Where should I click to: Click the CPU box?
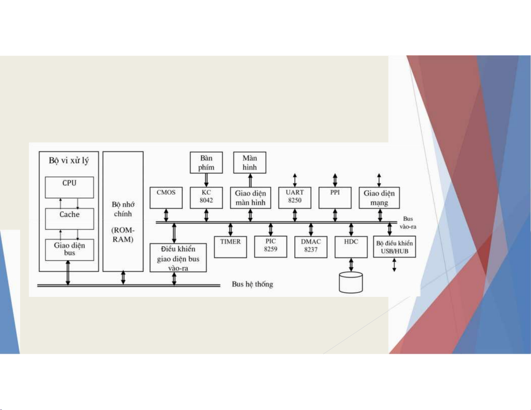coord(69,187)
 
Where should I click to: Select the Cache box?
coord(69,219)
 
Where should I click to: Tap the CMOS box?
coord(166,197)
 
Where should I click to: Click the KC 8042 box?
coord(206,197)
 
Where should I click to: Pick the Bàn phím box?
coord(206,163)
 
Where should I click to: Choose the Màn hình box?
coord(250,163)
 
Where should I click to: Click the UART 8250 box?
coord(295,197)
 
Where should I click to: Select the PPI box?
coord(335,197)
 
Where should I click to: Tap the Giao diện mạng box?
coord(379,198)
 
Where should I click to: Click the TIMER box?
coord(230,247)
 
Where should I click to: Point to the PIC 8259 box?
coord(271,247)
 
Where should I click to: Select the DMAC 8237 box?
coord(311,247)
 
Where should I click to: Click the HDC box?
coord(351,247)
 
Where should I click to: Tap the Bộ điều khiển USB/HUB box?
coord(395,247)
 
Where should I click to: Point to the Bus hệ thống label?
coord(253,284)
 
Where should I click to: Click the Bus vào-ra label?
coord(408,223)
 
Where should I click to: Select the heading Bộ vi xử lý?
coord(69,160)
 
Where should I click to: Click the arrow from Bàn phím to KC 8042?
coord(206,180)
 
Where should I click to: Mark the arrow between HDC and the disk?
coord(351,264)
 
